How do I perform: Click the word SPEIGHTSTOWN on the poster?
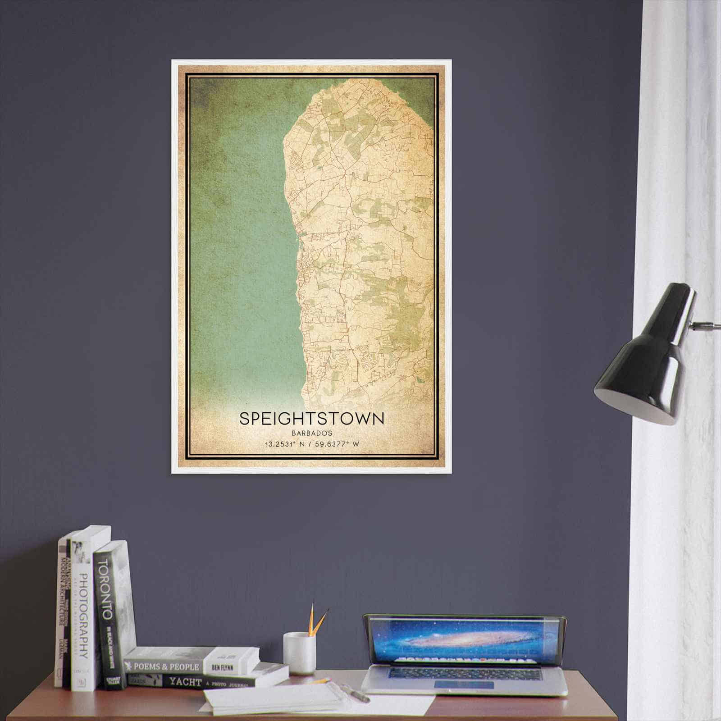pos(312,418)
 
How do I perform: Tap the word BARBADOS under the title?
pos(312,433)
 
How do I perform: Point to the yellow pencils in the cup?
pos(317,620)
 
